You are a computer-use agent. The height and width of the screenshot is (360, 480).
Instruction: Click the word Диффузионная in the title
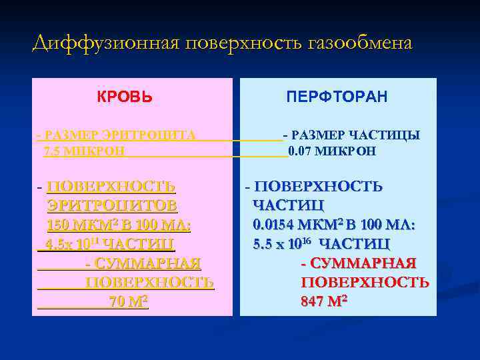pyautogui.click(x=106, y=43)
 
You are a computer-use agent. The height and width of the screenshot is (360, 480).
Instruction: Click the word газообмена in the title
pyautogui.click(x=360, y=43)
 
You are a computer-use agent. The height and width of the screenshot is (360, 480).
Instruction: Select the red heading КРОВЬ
pyautogui.click(x=125, y=97)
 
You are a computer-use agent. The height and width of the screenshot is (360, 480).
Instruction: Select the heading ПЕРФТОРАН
pyautogui.click(x=337, y=97)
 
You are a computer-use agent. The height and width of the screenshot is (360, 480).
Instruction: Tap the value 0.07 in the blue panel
pyautogui.click(x=300, y=151)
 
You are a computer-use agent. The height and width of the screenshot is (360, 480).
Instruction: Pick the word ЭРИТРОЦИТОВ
pyautogui.click(x=112, y=205)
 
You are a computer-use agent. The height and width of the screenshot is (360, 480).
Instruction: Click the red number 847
pyautogui.click(x=314, y=301)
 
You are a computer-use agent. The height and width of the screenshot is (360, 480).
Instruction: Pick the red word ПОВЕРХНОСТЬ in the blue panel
pyautogui.click(x=365, y=282)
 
